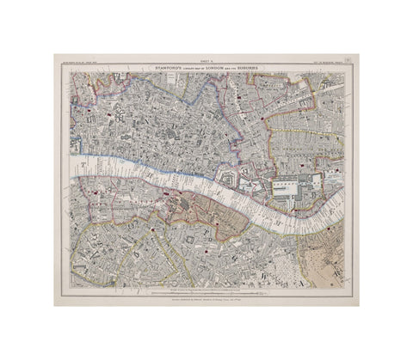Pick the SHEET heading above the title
pyautogui.click(x=206, y=61)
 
